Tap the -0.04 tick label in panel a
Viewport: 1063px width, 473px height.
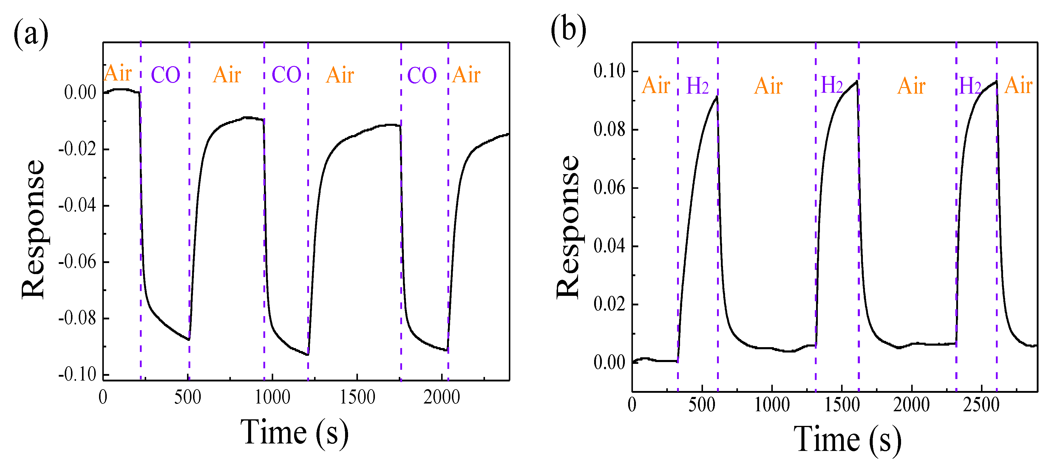[77, 205]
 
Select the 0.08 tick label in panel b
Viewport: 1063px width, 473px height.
[609, 130]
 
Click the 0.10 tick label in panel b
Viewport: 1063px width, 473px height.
[609, 71]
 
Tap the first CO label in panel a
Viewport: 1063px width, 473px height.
[166, 75]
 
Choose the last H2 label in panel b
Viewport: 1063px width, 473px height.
[970, 86]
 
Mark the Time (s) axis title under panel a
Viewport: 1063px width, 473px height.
[294, 432]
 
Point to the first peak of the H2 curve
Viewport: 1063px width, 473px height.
[717, 97]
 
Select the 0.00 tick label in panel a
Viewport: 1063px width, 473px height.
[80, 92]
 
